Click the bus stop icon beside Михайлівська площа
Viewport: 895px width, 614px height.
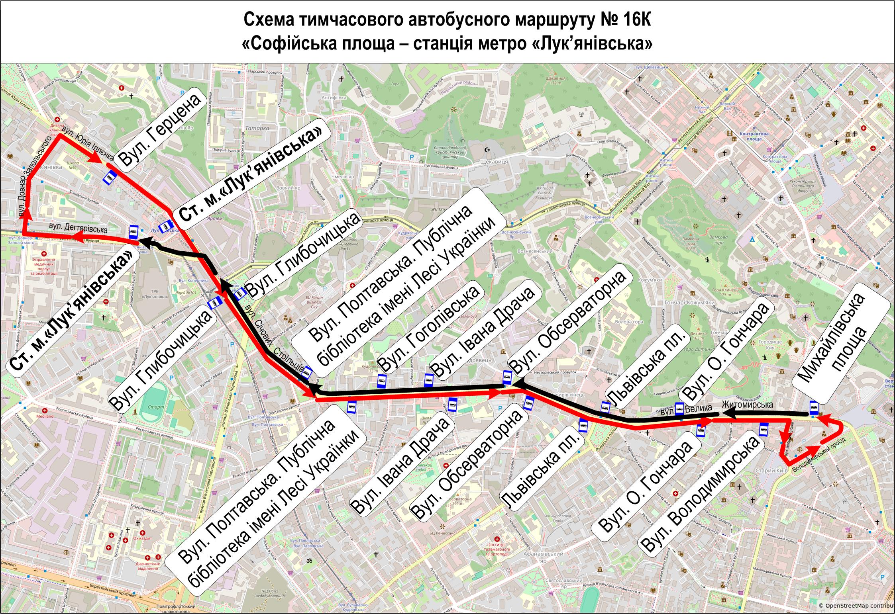click(814, 407)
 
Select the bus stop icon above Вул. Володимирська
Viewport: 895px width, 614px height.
click(764, 429)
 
